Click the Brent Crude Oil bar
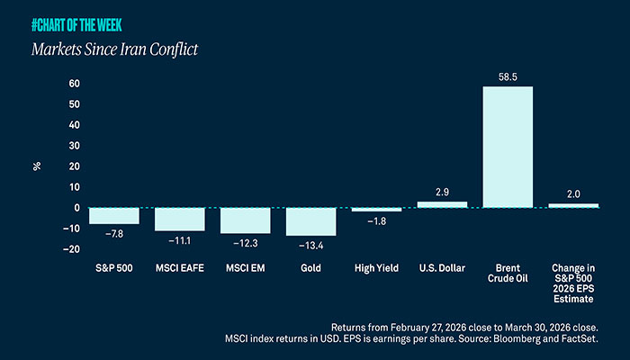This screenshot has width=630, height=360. coord(508,147)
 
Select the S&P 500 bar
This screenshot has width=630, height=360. coord(113,216)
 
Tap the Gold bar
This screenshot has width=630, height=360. coord(310,221)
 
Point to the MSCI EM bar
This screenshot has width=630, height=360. coord(245,220)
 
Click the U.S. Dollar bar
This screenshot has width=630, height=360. coord(442,204)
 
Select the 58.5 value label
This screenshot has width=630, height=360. coord(508,76)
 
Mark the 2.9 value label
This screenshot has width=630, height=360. coord(442,193)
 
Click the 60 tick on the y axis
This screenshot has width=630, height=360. coord(75,84)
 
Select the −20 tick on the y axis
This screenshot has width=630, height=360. coord(72,249)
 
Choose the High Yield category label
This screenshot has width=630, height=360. coord(376,268)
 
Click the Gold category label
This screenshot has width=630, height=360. coord(310,268)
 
